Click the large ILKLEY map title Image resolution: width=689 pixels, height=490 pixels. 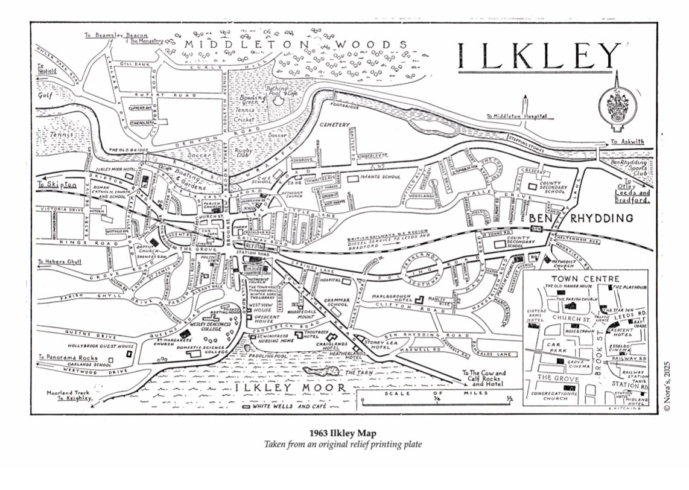click(539, 56)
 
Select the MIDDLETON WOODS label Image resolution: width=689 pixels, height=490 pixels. click(296, 45)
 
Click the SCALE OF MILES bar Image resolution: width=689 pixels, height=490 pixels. click(436, 396)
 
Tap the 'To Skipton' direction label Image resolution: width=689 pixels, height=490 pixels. click(57, 185)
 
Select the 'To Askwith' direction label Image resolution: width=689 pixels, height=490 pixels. click(627, 142)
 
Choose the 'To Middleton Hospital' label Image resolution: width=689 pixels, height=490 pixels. click(517, 116)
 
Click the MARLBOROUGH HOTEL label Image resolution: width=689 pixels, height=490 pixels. click(395, 300)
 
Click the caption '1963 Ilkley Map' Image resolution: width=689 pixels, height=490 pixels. click(344, 433)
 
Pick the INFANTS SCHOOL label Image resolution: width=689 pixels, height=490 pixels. click(380, 177)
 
